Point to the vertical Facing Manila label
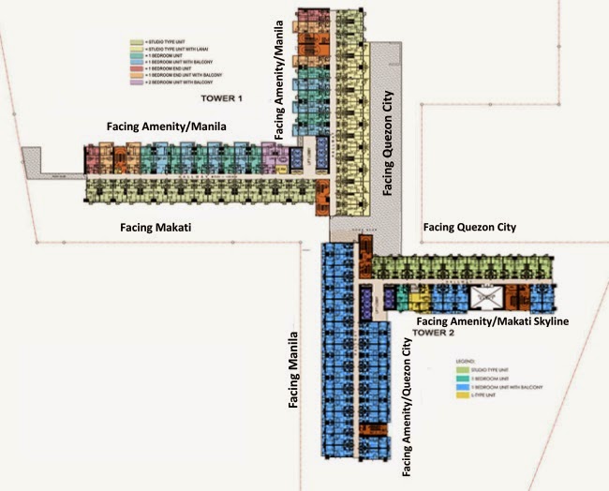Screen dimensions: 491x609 point(293,369)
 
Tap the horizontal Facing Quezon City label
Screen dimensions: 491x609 point(469,227)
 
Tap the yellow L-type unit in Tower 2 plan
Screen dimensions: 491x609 point(419,302)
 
